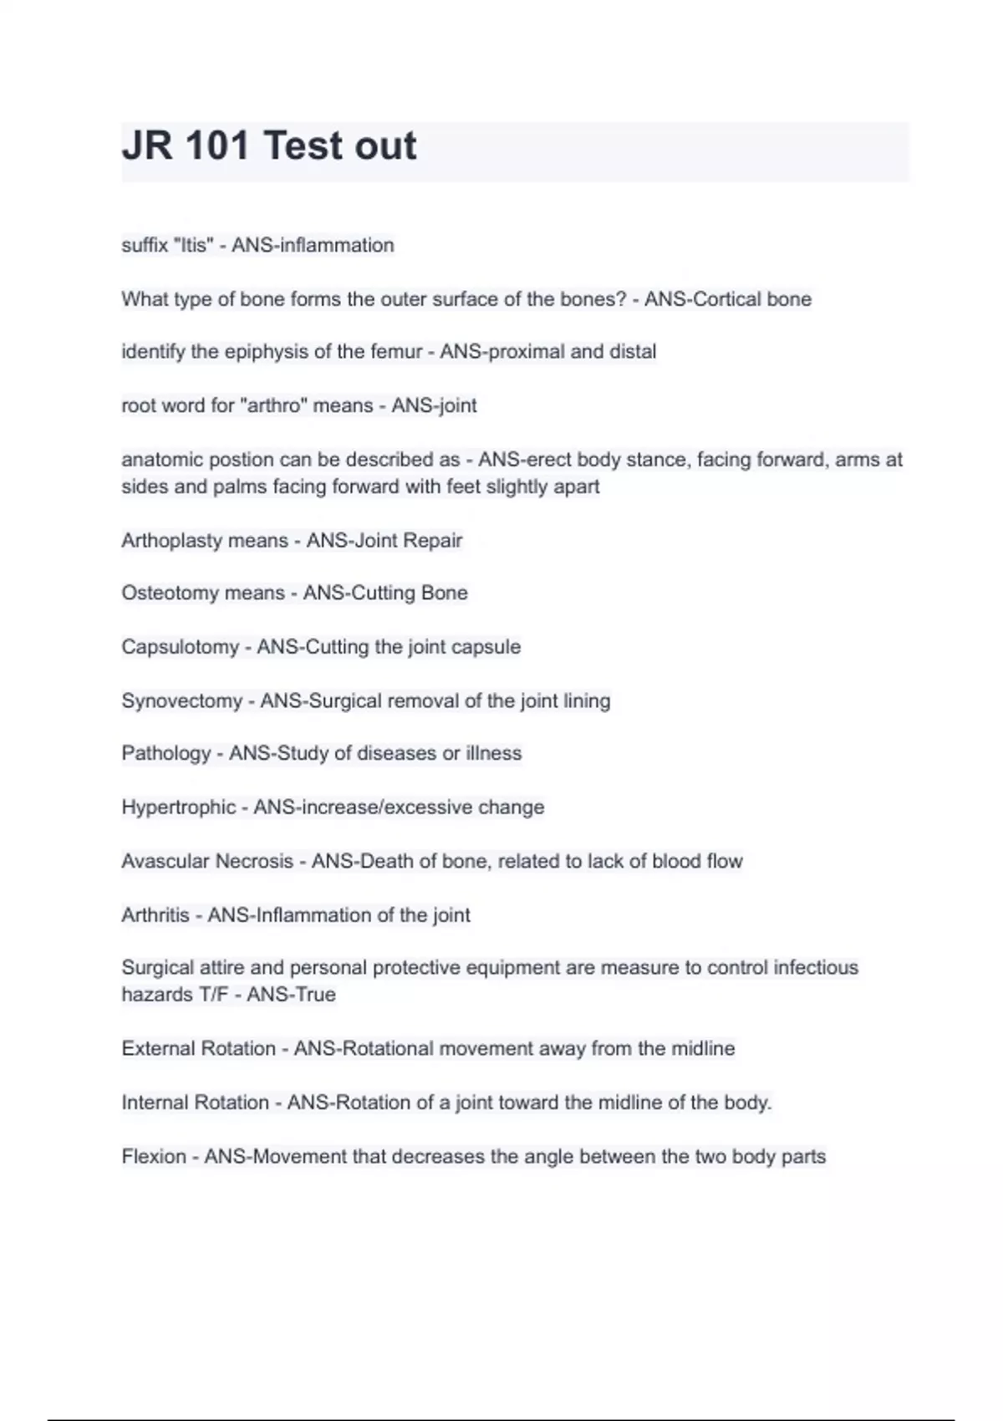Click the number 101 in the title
pos(216,145)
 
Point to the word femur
pos(396,352)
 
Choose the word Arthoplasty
pos(172,541)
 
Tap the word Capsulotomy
pos(180,647)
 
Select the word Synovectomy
pos(181,700)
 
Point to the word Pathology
pos(166,754)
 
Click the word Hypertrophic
pos(178,807)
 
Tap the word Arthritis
pos(155,915)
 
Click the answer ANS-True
pos(291,995)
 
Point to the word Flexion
pos(153,1157)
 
